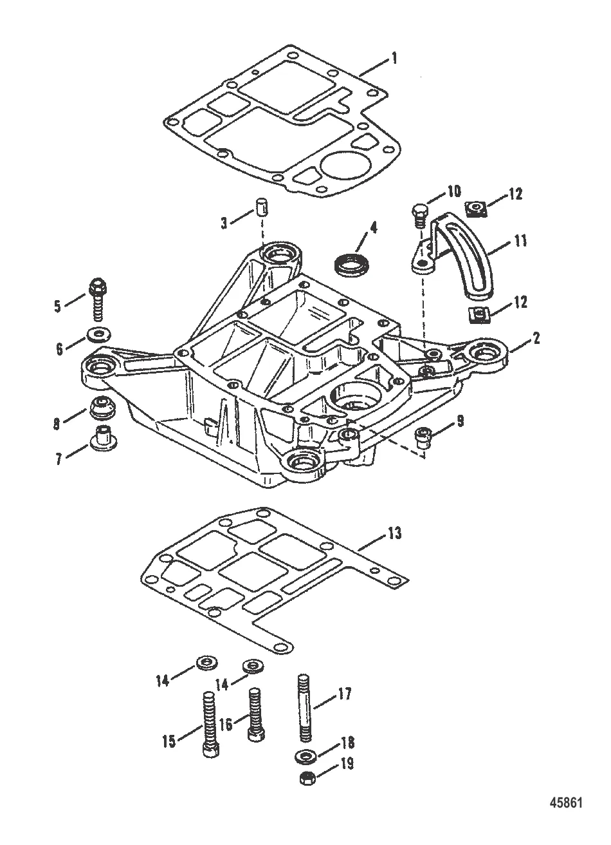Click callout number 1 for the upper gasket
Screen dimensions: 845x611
(394, 59)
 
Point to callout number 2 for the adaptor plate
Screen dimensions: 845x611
(536, 337)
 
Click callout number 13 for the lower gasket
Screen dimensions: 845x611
(394, 533)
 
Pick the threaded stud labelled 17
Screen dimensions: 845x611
(305, 707)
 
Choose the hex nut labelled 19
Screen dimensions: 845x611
(306, 779)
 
